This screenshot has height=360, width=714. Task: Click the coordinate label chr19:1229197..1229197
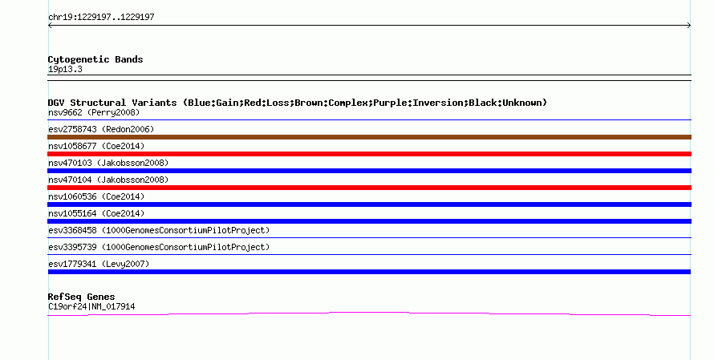click(x=101, y=18)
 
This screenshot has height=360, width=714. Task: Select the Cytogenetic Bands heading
click(x=95, y=59)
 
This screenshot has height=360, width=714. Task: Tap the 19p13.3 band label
click(x=65, y=70)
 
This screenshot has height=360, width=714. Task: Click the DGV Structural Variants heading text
click(x=298, y=103)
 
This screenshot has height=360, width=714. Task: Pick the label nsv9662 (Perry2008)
click(x=94, y=112)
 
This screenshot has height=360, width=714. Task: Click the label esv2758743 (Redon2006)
click(x=101, y=129)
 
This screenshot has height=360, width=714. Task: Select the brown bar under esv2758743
click(x=369, y=137)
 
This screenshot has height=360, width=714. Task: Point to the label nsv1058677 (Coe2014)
click(x=96, y=146)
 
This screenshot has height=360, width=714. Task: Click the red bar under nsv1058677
click(x=369, y=154)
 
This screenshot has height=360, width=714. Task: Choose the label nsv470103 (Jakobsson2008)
click(x=108, y=163)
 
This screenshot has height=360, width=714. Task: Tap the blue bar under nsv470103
click(x=369, y=171)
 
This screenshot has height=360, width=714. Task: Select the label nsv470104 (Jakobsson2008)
click(x=108, y=180)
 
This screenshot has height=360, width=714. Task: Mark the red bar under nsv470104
click(x=369, y=188)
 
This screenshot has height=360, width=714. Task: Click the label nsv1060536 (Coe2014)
click(x=96, y=196)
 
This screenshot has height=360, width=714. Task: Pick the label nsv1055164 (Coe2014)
click(x=96, y=213)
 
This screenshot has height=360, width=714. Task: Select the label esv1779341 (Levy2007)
click(x=99, y=264)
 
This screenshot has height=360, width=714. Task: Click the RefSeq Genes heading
click(x=81, y=297)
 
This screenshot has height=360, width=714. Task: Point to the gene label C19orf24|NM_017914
click(x=91, y=307)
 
